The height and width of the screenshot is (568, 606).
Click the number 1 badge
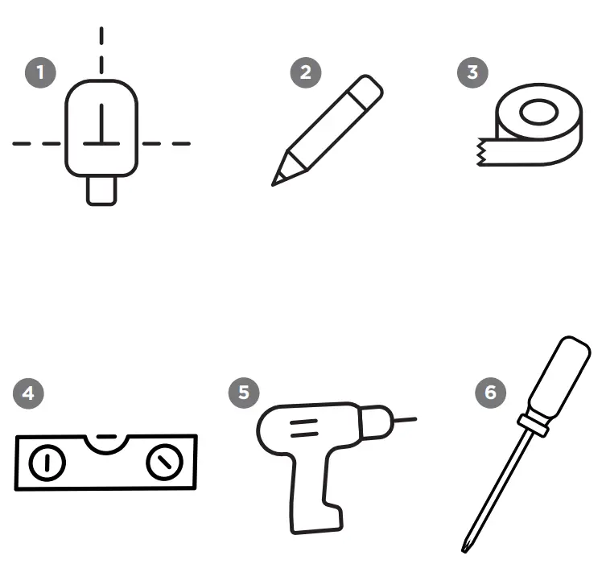40,72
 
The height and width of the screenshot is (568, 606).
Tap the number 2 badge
306,72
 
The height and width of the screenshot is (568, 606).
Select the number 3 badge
472,72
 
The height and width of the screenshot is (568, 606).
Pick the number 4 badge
28,393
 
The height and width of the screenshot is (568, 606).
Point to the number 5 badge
244,393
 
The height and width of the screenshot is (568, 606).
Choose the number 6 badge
490,393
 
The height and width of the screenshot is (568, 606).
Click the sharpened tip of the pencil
274,185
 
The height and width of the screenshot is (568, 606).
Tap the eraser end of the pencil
365,91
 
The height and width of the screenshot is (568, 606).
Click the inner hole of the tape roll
538,112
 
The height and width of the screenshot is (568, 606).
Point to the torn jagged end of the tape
480,152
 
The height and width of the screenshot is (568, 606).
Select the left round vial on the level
47,463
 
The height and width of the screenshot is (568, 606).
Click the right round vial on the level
165,462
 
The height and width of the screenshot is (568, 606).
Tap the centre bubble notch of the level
106,443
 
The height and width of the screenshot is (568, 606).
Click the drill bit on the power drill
405,420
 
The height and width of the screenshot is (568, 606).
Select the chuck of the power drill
376,422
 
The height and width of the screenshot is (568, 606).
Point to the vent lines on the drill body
304,428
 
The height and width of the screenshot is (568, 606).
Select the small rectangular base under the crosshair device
101,191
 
